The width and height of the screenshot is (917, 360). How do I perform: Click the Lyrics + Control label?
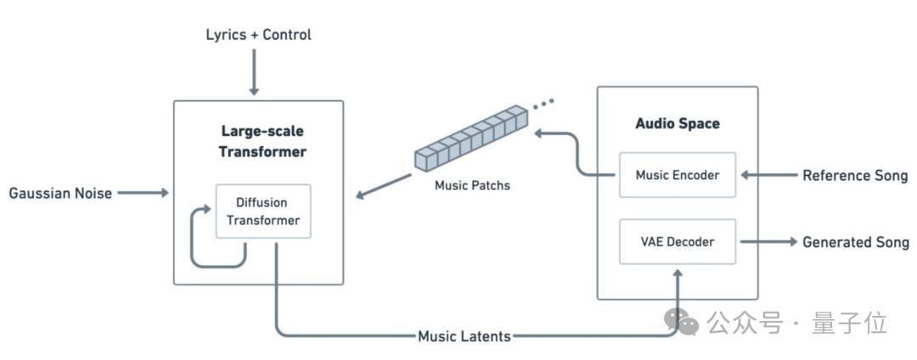pos(258,35)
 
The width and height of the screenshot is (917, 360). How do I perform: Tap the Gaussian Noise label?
pos(60,194)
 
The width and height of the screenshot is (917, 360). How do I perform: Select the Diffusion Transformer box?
pos(262,212)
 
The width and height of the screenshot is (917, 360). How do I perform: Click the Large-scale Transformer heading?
pos(262,142)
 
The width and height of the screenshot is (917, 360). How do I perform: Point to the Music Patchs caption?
pos(471,184)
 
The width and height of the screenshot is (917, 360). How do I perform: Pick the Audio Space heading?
pos(677,123)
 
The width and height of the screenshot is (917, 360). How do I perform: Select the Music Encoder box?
pos(677,175)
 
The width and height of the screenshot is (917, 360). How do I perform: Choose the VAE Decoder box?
pos(677,242)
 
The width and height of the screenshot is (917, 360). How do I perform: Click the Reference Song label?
pos(855,176)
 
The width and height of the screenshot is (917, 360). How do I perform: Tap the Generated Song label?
pos(855,242)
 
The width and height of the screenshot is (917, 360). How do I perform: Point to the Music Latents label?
pos(464,336)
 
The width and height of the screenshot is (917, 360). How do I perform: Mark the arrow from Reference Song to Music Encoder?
pos(768,176)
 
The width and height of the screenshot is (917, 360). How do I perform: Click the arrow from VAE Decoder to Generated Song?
pos(768,242)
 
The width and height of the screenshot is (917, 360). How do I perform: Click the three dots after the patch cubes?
pos(543,104)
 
